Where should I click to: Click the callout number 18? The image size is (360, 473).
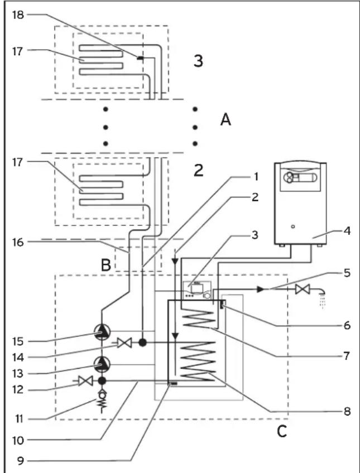coord(18,15)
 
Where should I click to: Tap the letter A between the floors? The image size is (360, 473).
coord(225,120)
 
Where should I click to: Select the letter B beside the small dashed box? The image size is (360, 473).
coord(106,266)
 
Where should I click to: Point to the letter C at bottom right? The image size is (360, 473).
coord(282,432)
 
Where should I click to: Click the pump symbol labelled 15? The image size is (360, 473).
coord(103,332)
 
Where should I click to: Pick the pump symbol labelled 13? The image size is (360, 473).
coord(103,364)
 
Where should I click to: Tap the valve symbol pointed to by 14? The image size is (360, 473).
coord(124,343)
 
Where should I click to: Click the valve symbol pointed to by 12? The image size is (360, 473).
coord(85,381)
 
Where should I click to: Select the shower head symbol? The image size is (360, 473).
coord(322,298)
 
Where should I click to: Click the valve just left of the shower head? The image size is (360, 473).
coord(303,289)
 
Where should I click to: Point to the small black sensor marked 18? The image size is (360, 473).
coord(140,58)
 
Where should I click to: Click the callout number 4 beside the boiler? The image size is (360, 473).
coord(347,232)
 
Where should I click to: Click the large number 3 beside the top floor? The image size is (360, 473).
coord(198,61)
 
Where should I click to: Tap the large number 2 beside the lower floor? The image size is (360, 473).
coord(198,171)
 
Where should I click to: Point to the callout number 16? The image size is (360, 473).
coord(18,242)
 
